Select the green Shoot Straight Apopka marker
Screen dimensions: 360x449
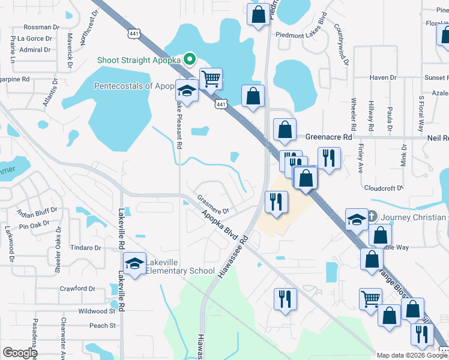coord(190,58)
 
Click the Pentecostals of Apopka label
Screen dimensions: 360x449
coord(133,86)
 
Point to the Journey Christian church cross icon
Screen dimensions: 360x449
coord(372,217)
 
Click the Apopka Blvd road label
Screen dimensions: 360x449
coord(217,223)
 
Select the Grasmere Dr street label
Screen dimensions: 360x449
coord(214,205)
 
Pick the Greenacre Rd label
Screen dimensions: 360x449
coord(328,137)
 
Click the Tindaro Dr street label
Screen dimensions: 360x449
coord(85,248)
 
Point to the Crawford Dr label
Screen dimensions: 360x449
coord(77,289)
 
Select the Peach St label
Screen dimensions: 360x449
coord(102,326)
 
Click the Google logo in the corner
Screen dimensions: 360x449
coord(19,353)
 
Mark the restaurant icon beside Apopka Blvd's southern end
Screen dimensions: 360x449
coord(285,298)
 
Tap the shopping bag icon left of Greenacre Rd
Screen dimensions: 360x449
coord(285,128)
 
